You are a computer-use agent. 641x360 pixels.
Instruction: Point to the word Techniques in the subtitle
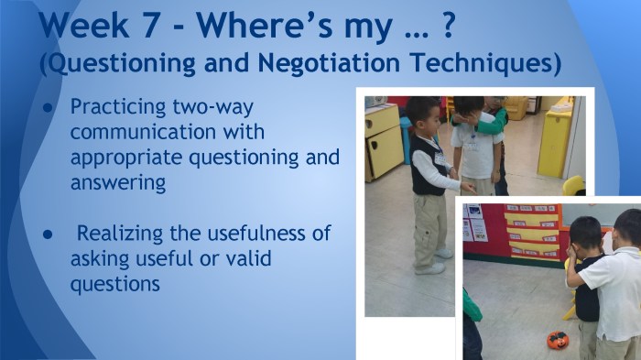[482, 65]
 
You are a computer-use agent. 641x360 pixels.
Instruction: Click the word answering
[118, 182]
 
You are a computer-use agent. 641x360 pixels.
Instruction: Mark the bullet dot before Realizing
[48, 235]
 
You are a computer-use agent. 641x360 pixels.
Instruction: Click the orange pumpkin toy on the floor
[557, 340]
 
